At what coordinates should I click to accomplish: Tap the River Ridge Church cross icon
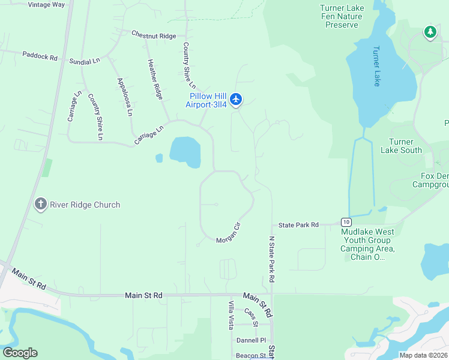tap(41, 205)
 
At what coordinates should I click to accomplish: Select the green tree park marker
tap(430, 32)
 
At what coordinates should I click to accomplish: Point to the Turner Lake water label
tap(376, 66)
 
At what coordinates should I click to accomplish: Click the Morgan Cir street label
tap(228, 233)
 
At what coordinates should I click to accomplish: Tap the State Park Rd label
tap(298, 225)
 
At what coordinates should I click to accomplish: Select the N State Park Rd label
tap(271, 259)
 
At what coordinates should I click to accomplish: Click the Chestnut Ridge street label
tap(154, 36)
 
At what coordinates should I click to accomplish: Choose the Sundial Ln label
tap(84, 61)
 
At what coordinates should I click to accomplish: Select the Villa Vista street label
tap(231, 315)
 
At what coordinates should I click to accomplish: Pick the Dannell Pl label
tap(251, 340)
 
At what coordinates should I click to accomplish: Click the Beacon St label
tap(250, 356)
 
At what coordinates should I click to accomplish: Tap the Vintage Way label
tap(46, 4)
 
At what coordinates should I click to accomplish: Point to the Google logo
tap(20, 353)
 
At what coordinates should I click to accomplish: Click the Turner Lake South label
tap(401, 146)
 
